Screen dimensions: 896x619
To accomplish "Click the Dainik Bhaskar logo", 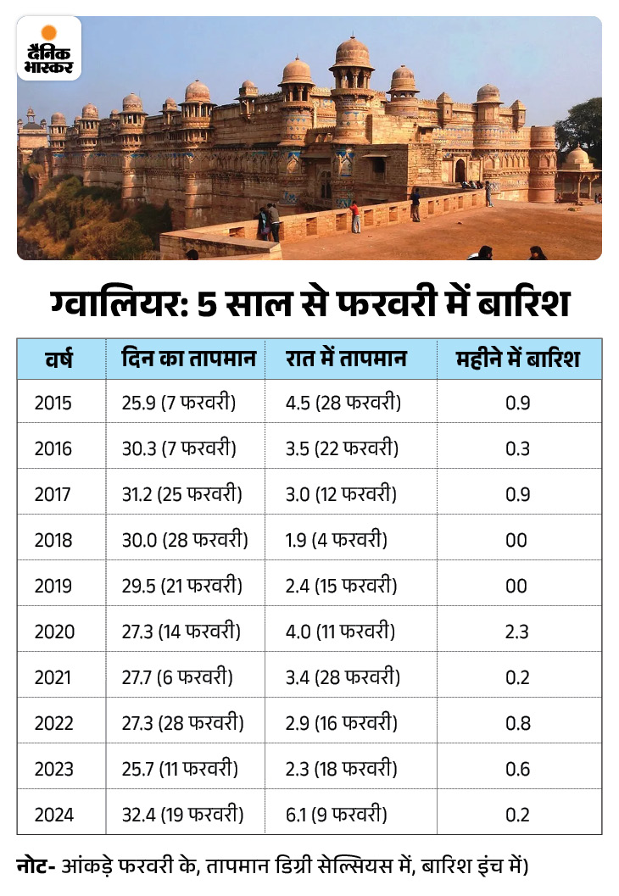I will pyautogui.click(x=49, y=47).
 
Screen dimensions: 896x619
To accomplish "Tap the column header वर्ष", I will pyautogui.click(x=59, y=359).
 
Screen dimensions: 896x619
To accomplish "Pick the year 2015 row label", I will pyautogui.click(x=53, y=403).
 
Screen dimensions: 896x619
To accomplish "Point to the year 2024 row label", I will pyautogui.click(x=54, y=815).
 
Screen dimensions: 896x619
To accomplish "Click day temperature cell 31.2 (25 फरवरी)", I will pyautogui.click(x=181, y=494).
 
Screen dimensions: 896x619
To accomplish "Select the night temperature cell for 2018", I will pyautogui.click(x=337, y=540).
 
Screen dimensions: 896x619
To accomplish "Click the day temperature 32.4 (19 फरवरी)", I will pyautogui.click(x=182, y=815).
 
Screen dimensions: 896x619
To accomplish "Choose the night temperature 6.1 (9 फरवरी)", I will pyautogui.click(x=337, y=815).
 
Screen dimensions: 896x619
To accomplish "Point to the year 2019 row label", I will pyautogui.click(x=54, y=586).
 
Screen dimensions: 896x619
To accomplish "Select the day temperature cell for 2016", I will pyautogui.click(x=178, y=448).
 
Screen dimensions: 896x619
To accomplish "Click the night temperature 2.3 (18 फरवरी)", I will pyautogui.click(x=342, y=769).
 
